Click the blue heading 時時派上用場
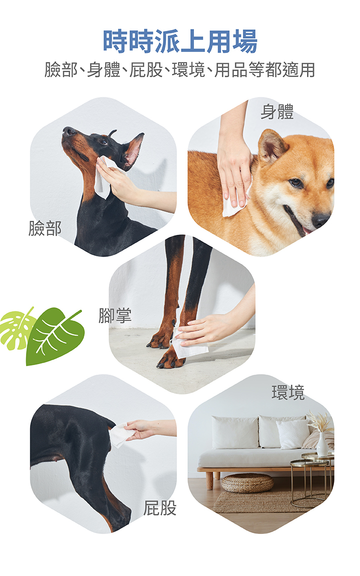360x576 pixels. pyautogui.click(x=180, y=41)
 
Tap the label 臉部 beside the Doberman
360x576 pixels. pyautogui.click(x=45, y=228)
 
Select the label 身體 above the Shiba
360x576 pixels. pyautogui.click(x=277, y=112)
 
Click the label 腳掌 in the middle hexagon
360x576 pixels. pyautogui.click(x=115, y=316)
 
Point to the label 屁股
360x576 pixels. pyautogui.click(x=160, y=508)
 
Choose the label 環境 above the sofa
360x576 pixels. pyautogui.click(x=288, y=392)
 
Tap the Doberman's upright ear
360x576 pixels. pyautogui.click(x=133, y=150)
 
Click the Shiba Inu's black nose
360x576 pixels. pyautogui.click(x=320, y=220)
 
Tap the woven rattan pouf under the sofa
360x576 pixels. pyautogui.click(x=247, y=483)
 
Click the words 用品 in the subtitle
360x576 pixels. pyautogui.click(x=231, y=69)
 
